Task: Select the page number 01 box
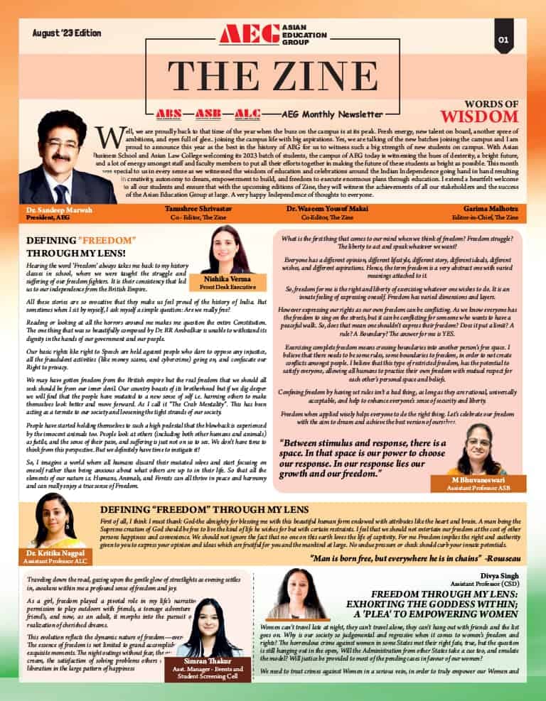click(503, 40)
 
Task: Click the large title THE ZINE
click(272, 77)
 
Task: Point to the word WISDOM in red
click(480, 116)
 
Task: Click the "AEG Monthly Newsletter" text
click(332, 114)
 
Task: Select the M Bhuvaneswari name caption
click(473, 482)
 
